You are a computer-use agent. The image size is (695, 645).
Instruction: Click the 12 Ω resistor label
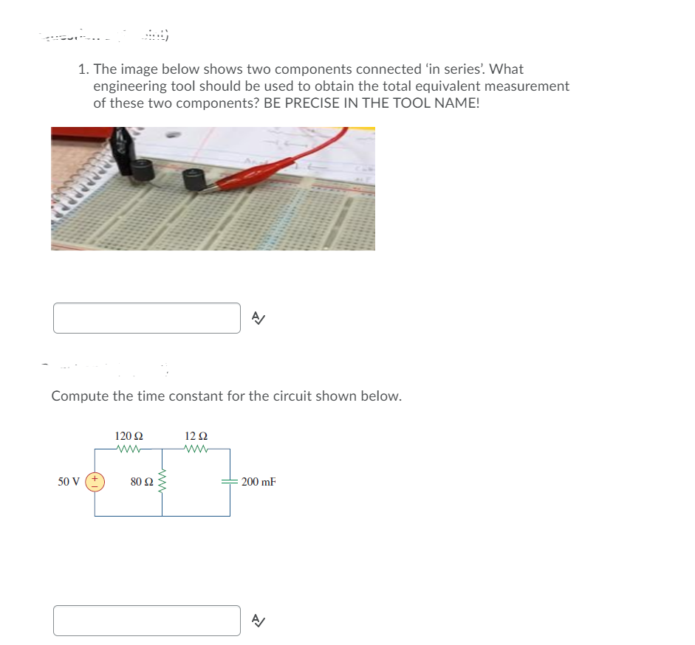coord(196,436)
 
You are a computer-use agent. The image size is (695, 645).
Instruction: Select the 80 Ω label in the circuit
coord(142,482)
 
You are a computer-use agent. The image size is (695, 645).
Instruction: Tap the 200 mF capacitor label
coord(259,482)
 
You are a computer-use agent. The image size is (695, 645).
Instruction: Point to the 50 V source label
coord(69,482)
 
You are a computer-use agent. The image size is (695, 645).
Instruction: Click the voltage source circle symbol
coord(95,482)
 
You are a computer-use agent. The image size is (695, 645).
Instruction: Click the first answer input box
coord(146,318)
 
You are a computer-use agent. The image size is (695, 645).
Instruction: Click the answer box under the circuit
coord(146,621)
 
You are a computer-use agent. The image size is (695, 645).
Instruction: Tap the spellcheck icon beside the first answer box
coord(257,318)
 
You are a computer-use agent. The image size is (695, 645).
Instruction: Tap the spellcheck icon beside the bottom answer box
coord(257,621)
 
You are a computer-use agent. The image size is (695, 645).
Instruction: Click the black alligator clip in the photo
coord(125,144)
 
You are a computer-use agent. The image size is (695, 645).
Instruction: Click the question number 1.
coord(83,69)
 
